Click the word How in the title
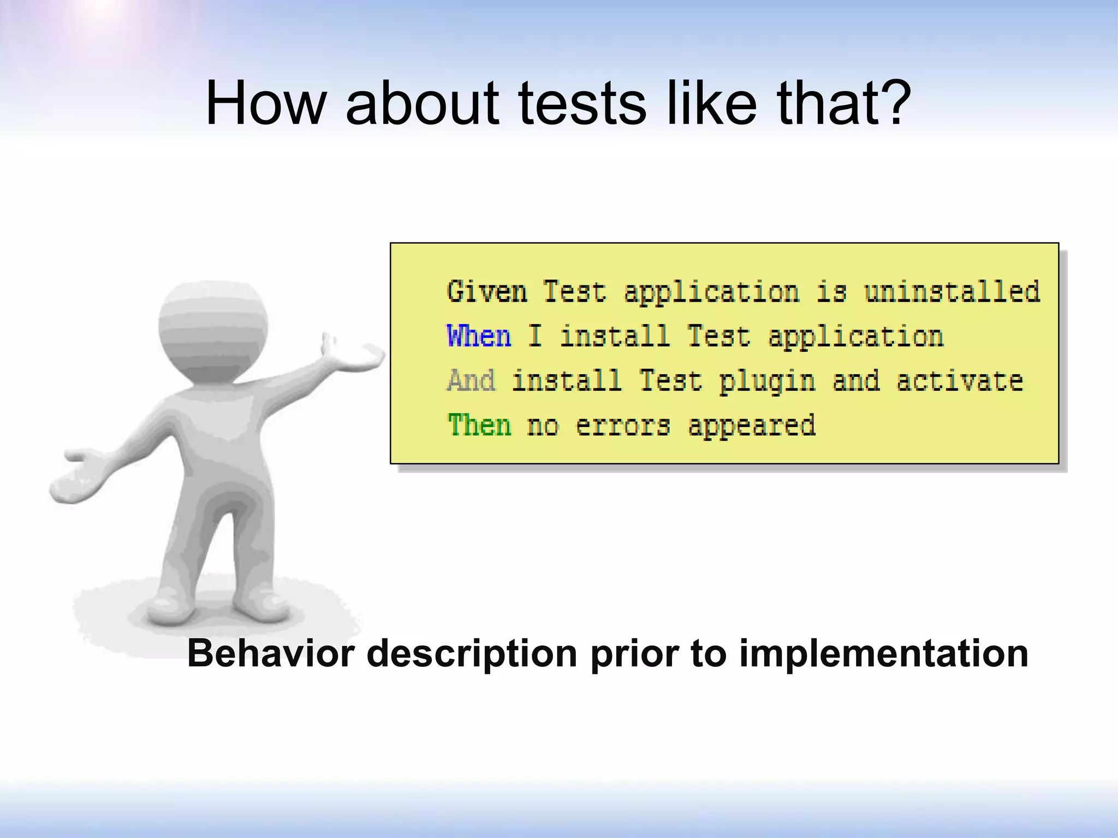pyautogui.click(x=265, y=104)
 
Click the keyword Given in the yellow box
pyautogui.click(x=487, y=292)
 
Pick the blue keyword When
pyautogui.click(x=479, y=336)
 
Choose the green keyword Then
pyautogui.click(x=479, y=425)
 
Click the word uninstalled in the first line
pyautogui.click(x=952, y=292)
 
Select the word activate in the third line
pyautogui.click(x=959, y=381)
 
